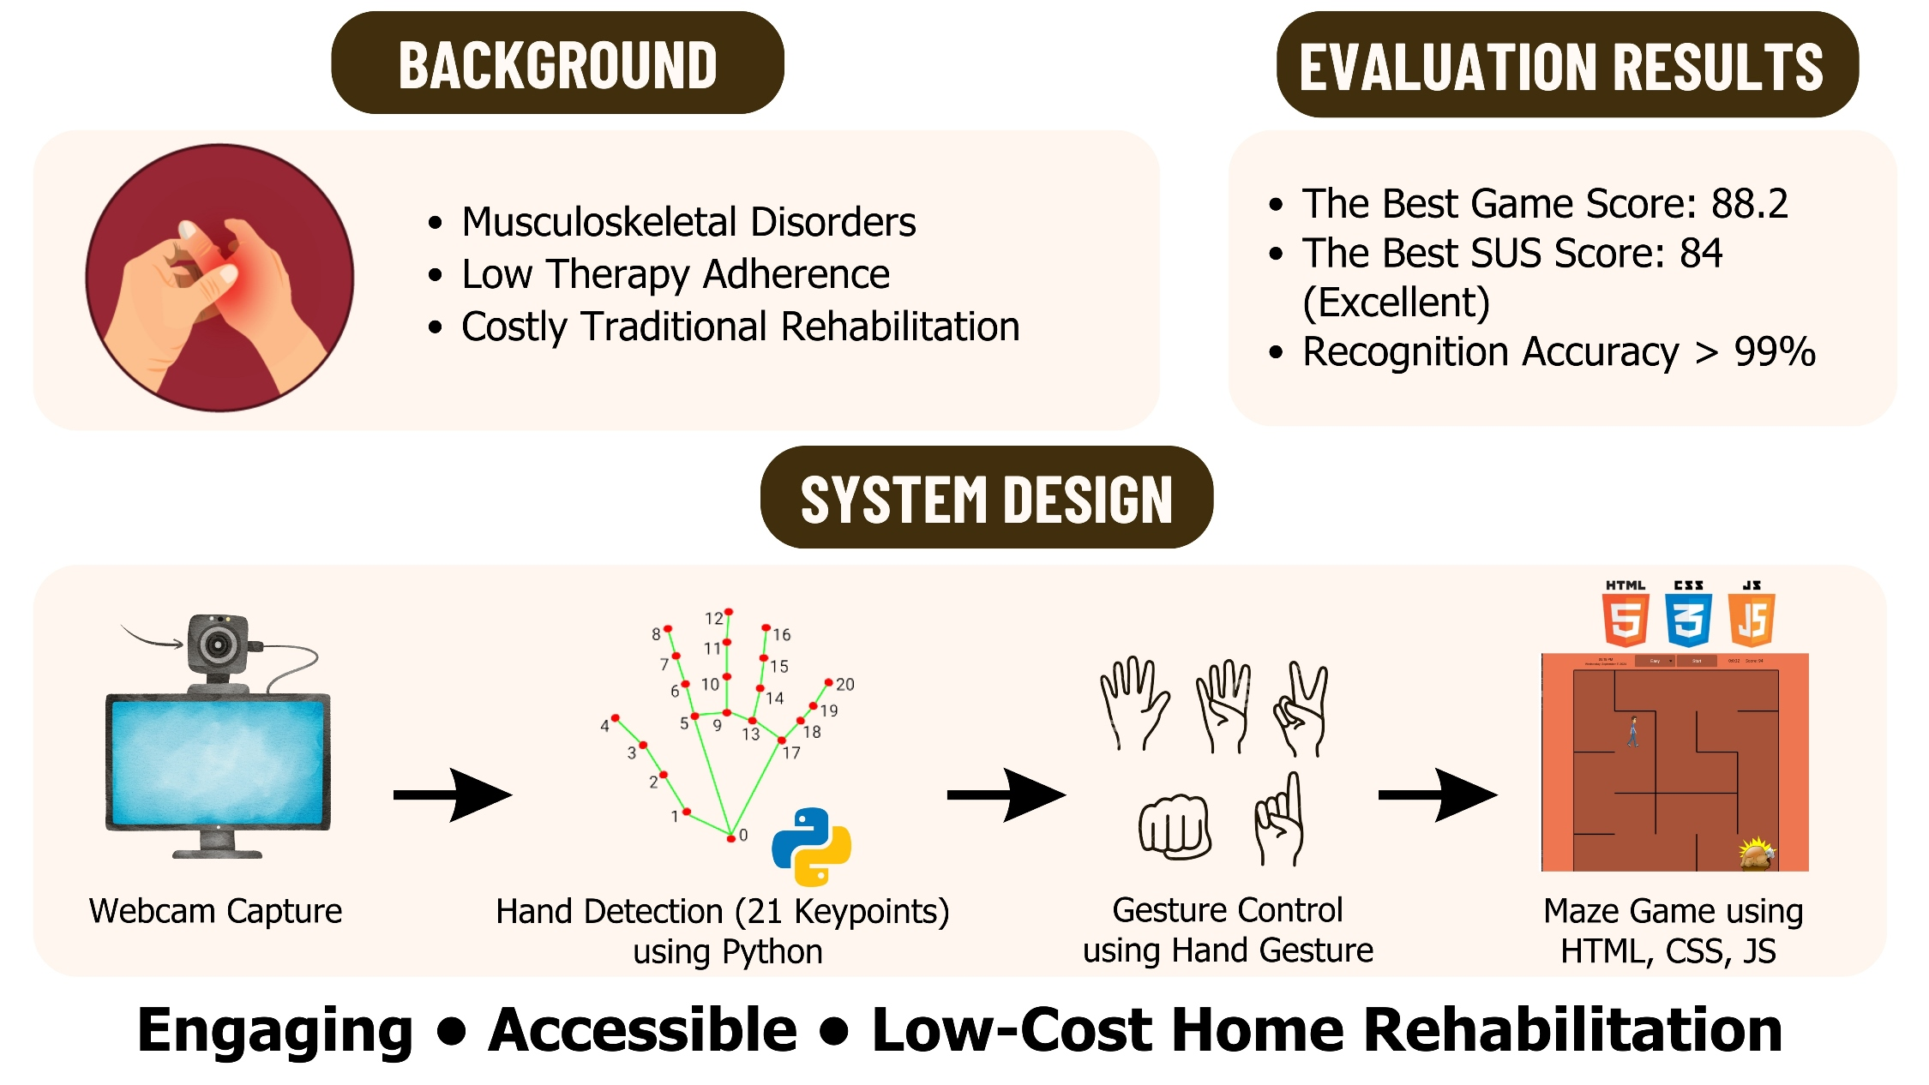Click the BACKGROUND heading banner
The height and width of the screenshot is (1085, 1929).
point(557,63)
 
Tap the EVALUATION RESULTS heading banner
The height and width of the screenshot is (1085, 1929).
point(1566,65)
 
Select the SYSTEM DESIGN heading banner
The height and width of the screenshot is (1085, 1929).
point(986,498)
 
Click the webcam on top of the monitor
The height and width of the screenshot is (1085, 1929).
point(219,644)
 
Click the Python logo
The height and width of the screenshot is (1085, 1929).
point(811,846)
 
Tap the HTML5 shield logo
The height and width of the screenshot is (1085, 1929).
point(1625,620)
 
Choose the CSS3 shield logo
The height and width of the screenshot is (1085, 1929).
point(1688,620)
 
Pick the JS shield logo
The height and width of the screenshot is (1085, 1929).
point(1752,620)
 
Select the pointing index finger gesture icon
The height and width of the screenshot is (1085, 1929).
point(1280,820)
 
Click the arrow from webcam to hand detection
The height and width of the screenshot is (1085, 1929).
point(452,795)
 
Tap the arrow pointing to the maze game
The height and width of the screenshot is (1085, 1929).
point(1437,795)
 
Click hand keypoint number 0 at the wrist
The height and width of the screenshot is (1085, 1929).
point(730,837)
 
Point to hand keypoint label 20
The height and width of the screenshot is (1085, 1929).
point(844,685)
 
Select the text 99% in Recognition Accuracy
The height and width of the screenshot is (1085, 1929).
point(1774,351)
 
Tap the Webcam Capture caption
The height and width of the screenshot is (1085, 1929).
point(215,911)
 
